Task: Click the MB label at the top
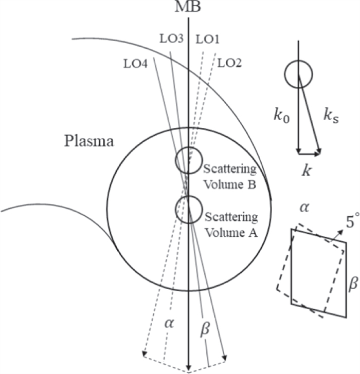188,8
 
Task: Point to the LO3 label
172,39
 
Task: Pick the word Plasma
88,141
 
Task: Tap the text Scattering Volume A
231,224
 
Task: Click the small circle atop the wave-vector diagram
298,74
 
